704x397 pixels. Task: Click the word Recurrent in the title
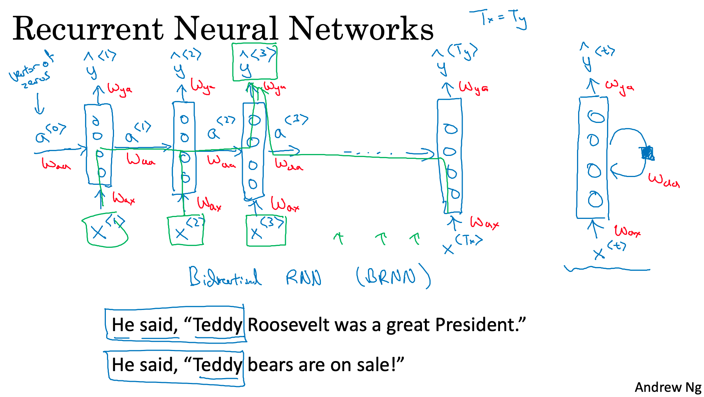[88, 29]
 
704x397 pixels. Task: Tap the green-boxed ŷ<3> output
[254, 62]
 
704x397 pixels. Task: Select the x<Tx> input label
[463, 244]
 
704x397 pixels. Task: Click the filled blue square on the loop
[647, 153]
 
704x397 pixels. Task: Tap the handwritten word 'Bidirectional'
[225, 277]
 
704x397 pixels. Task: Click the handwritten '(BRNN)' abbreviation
[393, 276]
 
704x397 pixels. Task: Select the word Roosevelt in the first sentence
[288, 325]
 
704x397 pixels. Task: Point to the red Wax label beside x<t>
[627, 231]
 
